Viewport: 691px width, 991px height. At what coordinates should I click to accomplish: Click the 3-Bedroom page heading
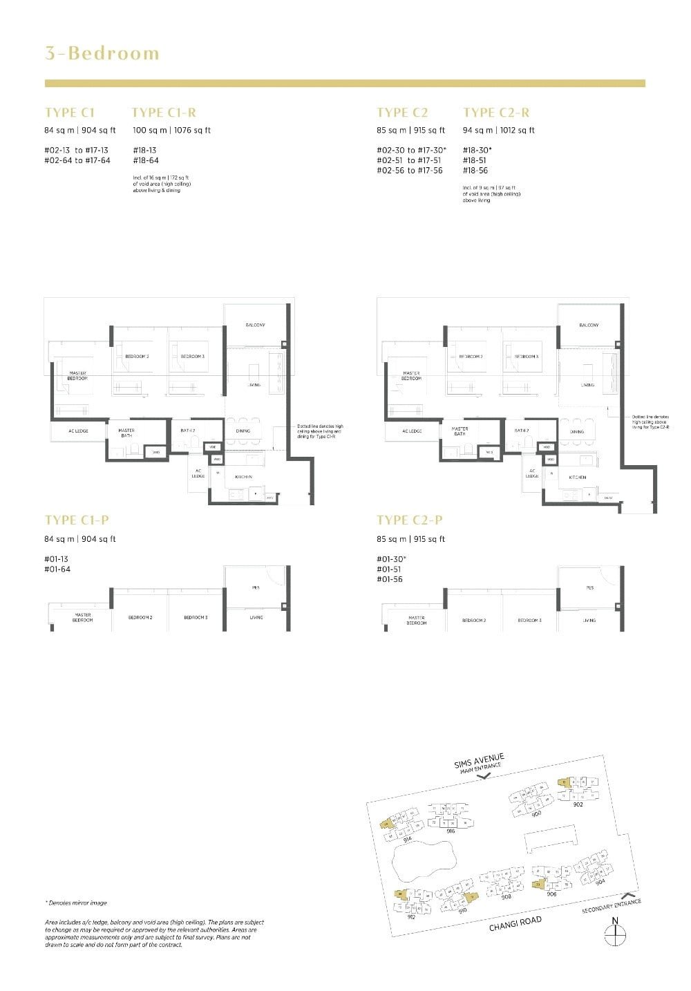click(102, 53)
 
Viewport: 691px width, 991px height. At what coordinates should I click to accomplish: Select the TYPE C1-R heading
click(164, 113)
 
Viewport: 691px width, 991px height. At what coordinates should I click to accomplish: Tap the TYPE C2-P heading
click(409, 520)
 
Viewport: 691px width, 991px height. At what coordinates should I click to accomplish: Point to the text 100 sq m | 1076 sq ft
click(171, 130)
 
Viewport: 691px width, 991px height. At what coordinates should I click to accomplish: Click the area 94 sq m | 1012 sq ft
click(498, 130)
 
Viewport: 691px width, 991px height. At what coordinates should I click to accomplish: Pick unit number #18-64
click(145, 160)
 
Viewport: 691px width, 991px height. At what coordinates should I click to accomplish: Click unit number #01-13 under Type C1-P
click(57, 558)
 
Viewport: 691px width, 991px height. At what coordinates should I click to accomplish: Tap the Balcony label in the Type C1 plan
click(255, 325)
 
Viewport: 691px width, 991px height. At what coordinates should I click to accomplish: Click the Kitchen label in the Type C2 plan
click(578, 477)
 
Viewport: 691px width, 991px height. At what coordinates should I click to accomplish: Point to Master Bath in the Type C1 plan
click(126, 433)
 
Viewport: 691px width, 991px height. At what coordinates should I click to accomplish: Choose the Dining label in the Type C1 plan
click(243, 431)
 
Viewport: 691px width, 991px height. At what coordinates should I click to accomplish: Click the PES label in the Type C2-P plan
click(589, 588)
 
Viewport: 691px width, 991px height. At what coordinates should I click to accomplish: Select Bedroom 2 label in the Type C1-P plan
click(140, 617)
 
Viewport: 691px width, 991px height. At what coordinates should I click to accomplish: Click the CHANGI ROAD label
click(515, 924)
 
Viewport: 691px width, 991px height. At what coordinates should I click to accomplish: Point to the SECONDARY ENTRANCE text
click(612, 907)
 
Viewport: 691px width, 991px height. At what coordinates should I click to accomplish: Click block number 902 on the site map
click(578, 804)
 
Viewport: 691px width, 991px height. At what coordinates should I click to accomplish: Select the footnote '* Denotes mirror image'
click(77, 903)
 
